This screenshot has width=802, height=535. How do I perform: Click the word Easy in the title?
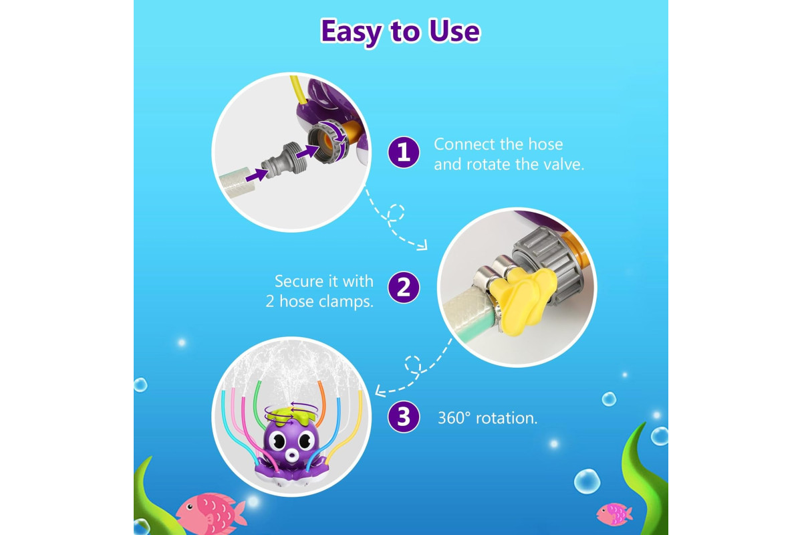click(351, 32)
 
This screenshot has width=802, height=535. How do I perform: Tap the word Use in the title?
click(454, 31)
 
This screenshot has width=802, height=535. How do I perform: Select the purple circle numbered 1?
click(404, 152)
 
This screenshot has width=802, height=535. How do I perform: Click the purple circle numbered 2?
click(404, 288)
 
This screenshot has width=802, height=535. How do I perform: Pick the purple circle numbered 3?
click(404, 417)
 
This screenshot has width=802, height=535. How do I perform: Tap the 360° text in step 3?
click(454, 418)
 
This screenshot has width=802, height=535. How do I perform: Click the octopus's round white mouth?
click(292, 456)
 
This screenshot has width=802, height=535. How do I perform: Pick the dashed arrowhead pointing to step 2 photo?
click(423, 245)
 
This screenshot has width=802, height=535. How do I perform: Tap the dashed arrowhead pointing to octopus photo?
click(380, 391)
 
